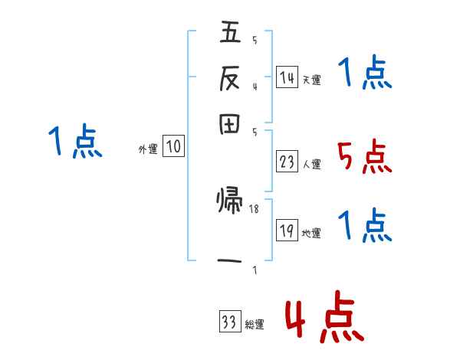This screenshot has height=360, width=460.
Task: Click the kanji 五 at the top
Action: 230,32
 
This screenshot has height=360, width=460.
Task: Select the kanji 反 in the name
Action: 230,78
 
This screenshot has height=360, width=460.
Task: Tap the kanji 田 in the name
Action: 230,124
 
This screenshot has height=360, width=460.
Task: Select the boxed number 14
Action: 287,77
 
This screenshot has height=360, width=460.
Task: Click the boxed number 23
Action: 287,162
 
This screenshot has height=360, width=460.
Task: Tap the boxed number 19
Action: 287,231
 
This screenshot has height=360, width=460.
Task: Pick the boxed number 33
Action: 229,322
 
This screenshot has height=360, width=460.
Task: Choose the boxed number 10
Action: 173,147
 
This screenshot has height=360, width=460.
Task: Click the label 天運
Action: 311,80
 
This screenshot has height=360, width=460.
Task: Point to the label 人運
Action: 311,164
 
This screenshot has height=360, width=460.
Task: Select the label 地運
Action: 311,233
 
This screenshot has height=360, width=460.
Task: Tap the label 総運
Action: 254,325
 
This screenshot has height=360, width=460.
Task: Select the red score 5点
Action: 364,158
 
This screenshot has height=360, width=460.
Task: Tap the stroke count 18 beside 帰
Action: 255,208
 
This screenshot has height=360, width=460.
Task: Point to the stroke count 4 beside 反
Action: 255,86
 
